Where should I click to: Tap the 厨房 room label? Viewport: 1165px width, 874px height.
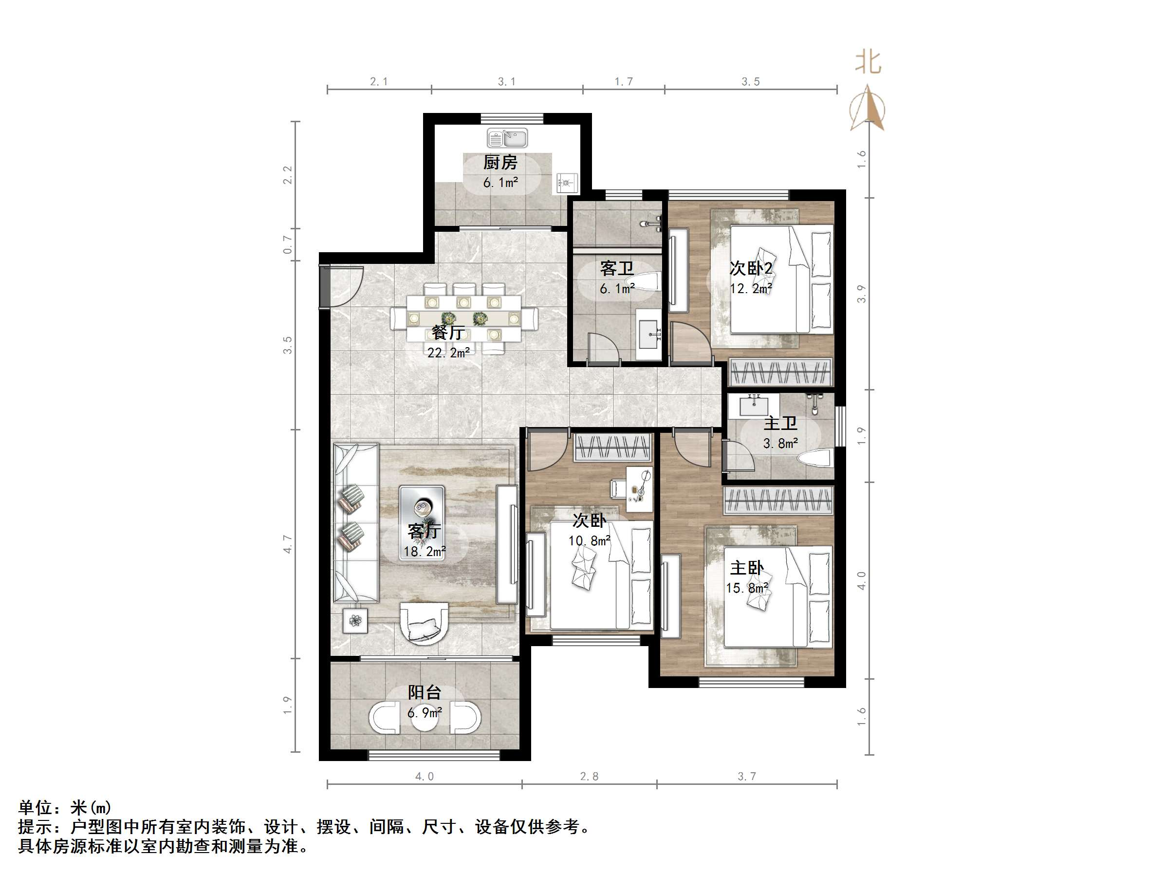pos(500,162)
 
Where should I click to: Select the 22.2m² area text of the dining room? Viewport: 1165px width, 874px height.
pos(448,353)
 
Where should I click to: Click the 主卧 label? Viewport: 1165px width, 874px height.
pos(747,568)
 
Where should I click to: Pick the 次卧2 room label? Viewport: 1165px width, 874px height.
pos(751,268)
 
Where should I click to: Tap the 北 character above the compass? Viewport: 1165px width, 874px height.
pos(868,62)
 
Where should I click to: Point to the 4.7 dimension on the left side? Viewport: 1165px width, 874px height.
pos(287,544)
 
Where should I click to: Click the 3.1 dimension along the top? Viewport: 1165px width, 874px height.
pos(507,82)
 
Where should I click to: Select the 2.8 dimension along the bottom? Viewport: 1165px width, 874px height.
pos(589,776)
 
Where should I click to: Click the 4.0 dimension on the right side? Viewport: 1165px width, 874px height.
pos(861,581)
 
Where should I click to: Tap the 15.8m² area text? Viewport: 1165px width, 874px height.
pos(747,588)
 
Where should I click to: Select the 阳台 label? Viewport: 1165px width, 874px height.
pos(425,692)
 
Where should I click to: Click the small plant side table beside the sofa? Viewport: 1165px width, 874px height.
pos(355,621)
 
